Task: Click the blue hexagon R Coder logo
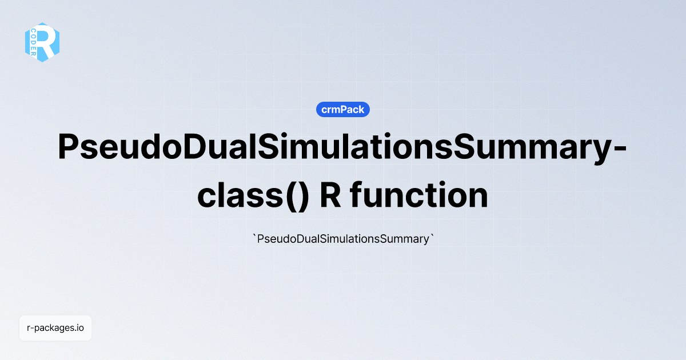(x=42, y=42)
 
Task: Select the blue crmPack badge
(x=343, y=110)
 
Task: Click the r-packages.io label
(x=55, y=328)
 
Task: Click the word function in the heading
(x=419, y=196)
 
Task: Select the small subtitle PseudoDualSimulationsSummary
(x=343, y=239)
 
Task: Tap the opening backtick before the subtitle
(x=254, y=237)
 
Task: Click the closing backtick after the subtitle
(x=433, y=237)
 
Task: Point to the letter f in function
(x=357, y=195)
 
